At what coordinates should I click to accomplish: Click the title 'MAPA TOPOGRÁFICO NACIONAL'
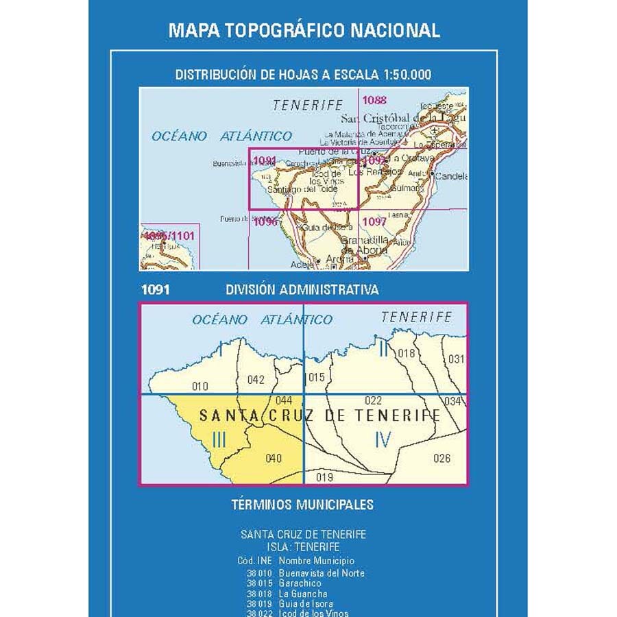304,30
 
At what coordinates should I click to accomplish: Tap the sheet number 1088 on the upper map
374,100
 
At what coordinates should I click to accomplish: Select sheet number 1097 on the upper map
374,221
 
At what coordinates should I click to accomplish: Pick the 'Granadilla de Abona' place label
365,245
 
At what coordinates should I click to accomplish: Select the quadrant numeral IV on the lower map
383,439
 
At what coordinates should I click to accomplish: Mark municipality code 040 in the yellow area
273,459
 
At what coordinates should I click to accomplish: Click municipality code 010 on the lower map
199,387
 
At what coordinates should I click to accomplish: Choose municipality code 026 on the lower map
442,459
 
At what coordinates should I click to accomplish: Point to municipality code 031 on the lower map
456,359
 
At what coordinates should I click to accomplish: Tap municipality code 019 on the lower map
325,477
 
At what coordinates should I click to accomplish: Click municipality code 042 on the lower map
256,380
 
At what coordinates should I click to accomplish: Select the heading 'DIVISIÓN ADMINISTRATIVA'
302,290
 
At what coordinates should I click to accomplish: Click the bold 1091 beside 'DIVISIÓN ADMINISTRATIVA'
155,290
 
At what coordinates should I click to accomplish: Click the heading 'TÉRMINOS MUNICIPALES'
302,505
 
